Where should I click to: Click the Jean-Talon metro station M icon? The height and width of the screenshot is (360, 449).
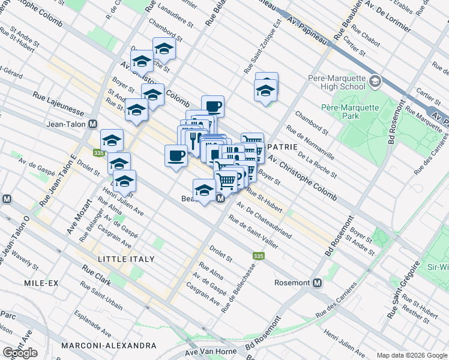(x=92, y=124)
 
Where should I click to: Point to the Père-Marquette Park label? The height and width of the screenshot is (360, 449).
(x=350, y=112)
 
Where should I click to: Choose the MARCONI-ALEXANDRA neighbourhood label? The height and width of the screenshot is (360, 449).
(x=108, y=346)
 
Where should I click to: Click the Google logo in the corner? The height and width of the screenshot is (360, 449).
(x=20, y=353)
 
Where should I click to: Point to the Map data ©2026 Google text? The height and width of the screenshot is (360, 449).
(x=411, y=355)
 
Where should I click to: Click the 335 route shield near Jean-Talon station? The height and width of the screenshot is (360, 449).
(x=98, y=153)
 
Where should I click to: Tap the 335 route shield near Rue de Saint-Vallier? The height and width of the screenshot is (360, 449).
(x=258, y=256)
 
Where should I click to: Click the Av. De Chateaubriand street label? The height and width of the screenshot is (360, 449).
(x=264, y=220)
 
